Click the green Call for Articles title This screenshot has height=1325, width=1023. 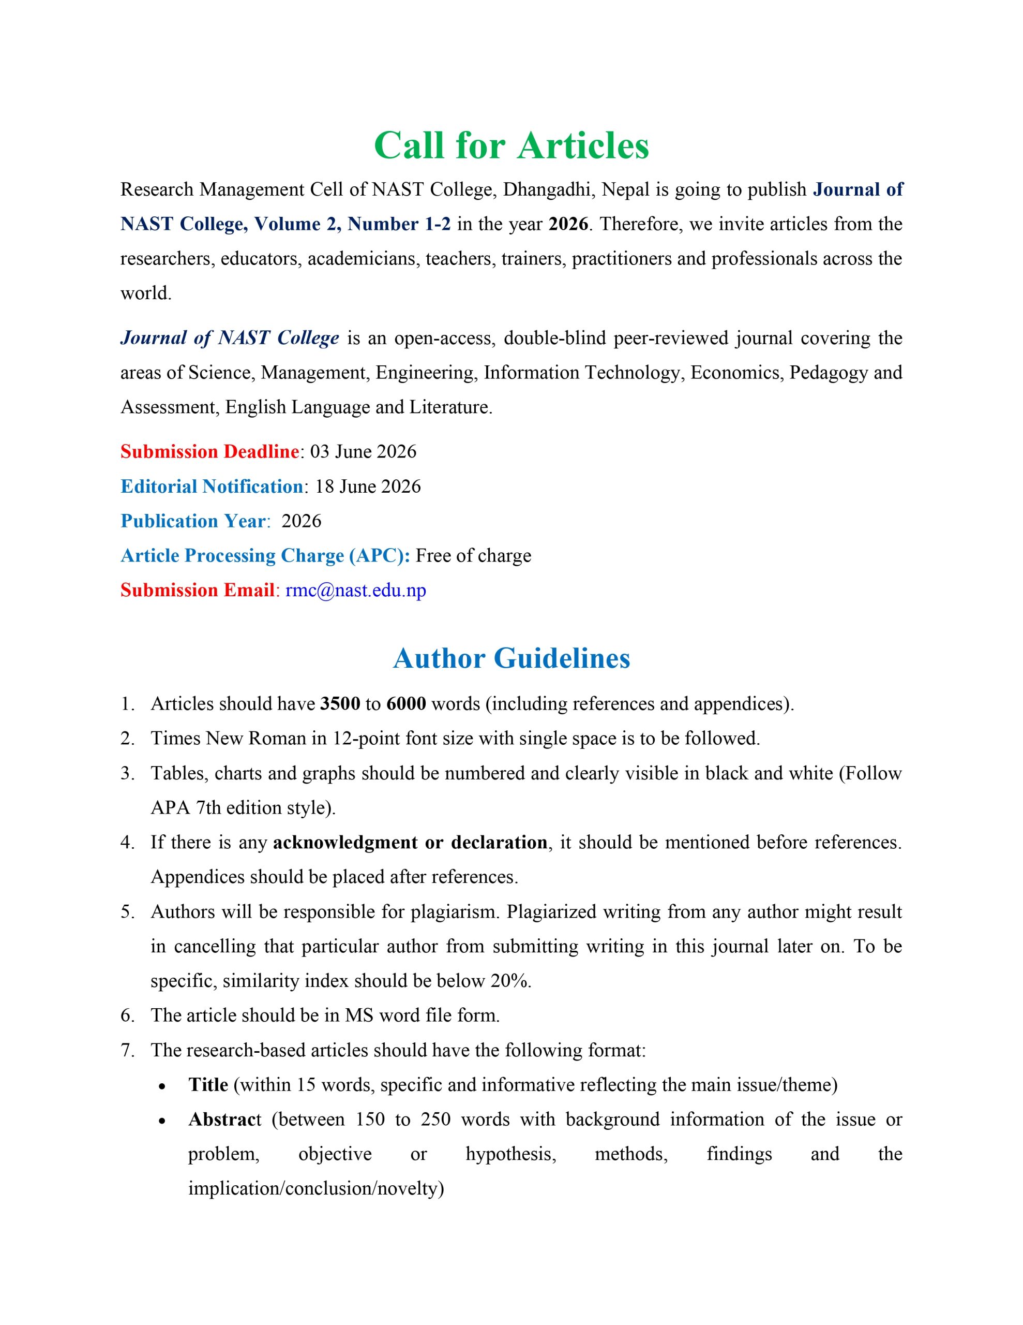tap(511, 145)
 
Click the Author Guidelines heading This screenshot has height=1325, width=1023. tap(511, 658)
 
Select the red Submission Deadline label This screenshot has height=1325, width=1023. tap(209, 451)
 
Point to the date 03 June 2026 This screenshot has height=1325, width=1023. tap(363, 451)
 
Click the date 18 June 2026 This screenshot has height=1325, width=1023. tap(368, 486)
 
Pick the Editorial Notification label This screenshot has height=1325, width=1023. tap(212, 486)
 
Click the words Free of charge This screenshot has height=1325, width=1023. tap(473, 555)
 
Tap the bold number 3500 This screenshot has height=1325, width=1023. tap(340, 704)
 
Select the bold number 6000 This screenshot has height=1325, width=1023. tap(405, 704)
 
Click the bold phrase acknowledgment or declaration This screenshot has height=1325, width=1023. tap(410, 842)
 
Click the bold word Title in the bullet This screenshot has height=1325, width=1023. tap(208, 1085)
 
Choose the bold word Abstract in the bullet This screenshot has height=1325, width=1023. tap(224, 1120)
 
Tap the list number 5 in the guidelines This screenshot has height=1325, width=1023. tap(127, 912)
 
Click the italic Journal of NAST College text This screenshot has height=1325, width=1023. tap(230, 338)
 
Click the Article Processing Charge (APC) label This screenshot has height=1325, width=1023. tap(265, 555)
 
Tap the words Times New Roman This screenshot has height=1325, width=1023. tap(228, 739)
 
